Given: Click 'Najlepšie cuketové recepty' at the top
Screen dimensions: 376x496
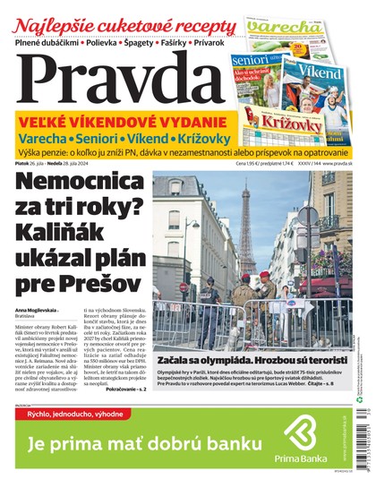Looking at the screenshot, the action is [116, 21].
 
